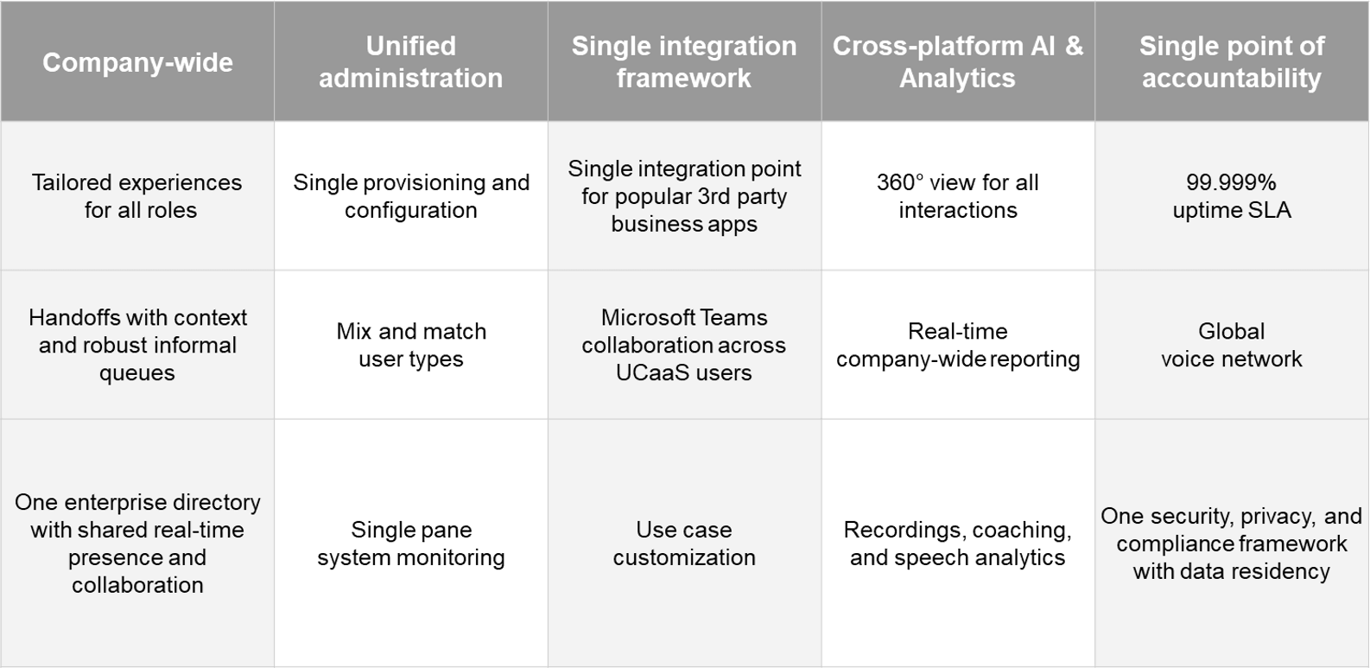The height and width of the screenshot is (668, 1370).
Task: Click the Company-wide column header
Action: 137,62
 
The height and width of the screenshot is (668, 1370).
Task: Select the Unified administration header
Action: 410,62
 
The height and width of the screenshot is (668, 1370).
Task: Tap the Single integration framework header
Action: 684,62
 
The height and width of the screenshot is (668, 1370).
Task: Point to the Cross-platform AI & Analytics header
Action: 957,62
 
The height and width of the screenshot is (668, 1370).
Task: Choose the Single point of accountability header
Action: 1232,62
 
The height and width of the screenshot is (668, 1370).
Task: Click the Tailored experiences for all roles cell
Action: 137,196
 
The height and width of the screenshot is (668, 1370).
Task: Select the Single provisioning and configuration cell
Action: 410,196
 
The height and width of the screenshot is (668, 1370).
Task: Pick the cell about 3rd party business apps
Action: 684,196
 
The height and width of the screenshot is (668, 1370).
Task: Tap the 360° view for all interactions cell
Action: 957,196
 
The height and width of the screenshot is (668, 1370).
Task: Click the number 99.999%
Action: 1231,182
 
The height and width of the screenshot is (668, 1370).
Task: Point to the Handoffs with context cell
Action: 137,345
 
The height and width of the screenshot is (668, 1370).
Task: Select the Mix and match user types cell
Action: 410,345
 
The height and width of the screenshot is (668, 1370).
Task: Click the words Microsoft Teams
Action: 684,318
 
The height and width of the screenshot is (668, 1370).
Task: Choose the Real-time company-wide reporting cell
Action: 957,345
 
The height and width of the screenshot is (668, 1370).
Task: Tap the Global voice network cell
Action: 1232,345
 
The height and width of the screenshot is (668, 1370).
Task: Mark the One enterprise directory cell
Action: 137,543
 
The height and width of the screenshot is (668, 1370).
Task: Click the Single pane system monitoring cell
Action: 410,543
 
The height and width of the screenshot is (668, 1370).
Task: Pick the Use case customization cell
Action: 684,543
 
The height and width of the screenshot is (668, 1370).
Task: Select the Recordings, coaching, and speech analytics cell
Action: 957,543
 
